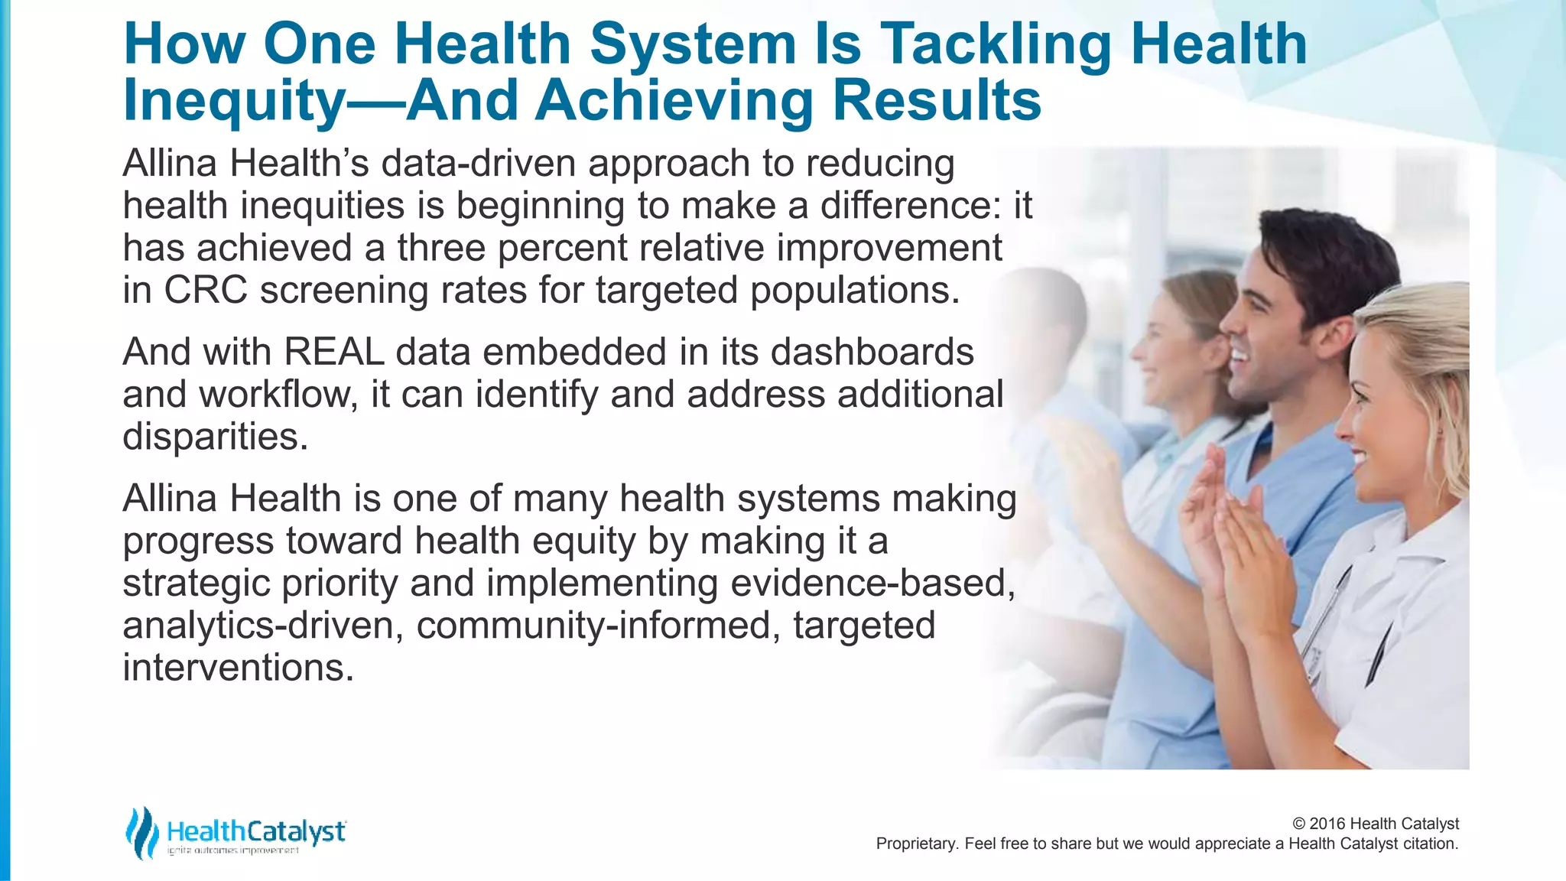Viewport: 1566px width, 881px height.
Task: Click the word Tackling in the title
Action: coord(996,44)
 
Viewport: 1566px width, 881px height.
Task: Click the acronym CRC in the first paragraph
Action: coord(205,291)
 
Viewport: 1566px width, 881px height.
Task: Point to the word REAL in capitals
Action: coord(333,353)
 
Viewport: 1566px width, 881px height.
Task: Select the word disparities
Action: coord(214,437)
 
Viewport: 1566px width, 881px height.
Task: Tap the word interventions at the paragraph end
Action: coord(238,668)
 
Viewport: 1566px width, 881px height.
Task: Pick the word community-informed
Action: coord(597,626)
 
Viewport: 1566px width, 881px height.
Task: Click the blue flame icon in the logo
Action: coord(141,832)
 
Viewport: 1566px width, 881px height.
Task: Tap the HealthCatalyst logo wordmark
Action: coord(256,832)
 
